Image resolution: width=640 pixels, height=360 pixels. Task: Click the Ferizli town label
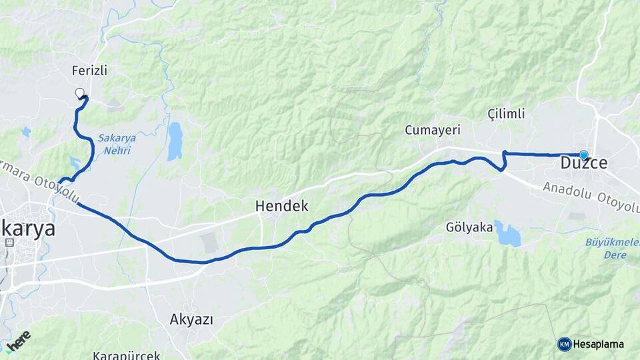89,70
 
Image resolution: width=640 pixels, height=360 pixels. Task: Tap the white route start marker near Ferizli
80,93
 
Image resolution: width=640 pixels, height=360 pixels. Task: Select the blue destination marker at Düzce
584,155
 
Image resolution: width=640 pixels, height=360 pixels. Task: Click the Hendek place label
282,207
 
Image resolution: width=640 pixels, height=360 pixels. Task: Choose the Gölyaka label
469,227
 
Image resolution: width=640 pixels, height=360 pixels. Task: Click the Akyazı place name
191,320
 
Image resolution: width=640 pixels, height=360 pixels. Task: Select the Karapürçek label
127,355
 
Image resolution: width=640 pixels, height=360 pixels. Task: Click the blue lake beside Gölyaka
508,235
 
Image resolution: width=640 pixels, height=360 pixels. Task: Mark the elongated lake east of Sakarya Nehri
174,141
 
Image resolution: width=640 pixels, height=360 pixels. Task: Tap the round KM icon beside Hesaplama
564,344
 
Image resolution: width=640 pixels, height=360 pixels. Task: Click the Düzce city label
583,164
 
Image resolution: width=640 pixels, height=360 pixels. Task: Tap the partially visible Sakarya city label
27,227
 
